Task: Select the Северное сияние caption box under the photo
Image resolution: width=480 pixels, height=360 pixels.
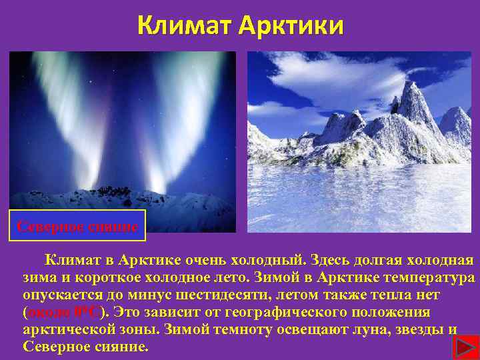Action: (x=77, y=227)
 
